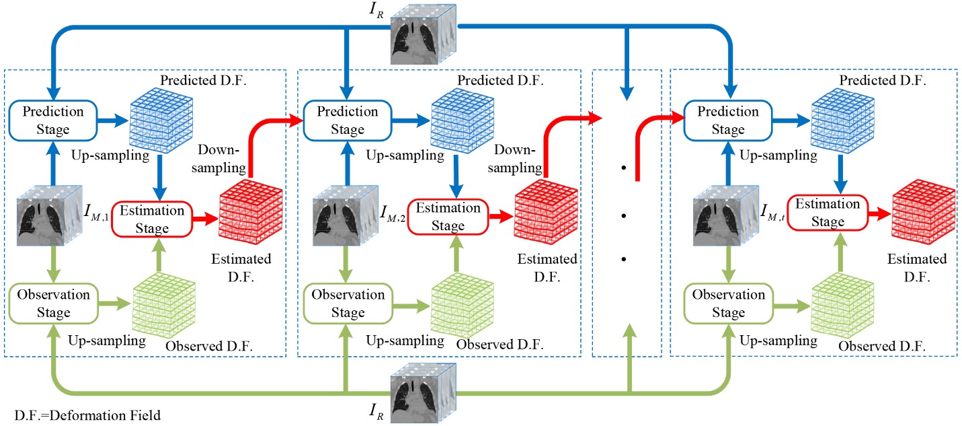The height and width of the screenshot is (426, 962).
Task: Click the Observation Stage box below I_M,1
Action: pyautogui.click(x=54, y=304)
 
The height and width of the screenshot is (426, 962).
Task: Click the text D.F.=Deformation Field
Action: pyautogui.click(x=87, y=415)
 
